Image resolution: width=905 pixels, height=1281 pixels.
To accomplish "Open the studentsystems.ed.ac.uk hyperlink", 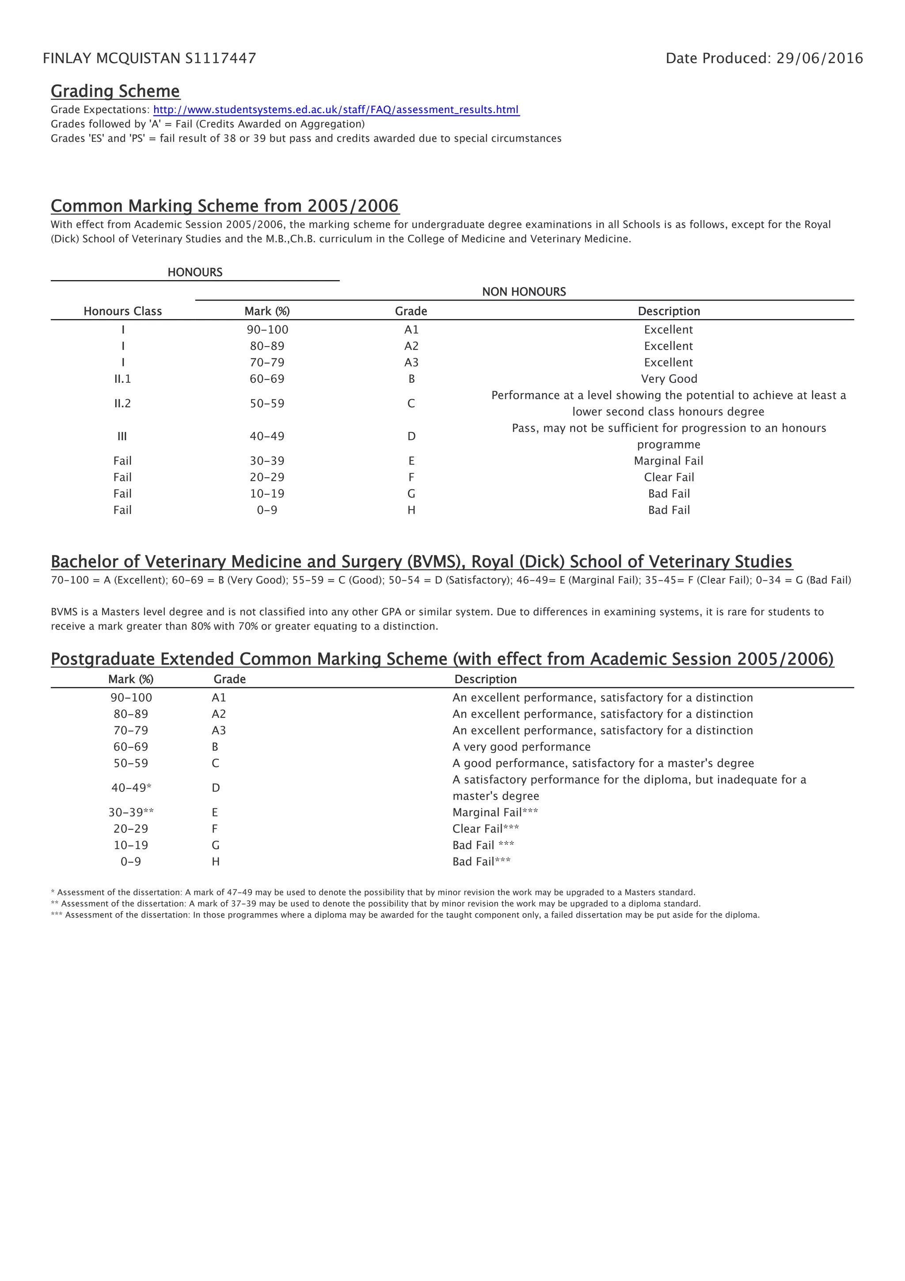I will (x=336, y=110).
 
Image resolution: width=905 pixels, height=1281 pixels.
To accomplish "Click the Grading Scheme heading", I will (x=115, y=91).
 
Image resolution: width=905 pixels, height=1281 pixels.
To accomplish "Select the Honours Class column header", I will (x=123, y=311).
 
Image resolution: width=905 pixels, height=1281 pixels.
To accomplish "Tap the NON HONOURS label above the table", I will (x=524, y=292).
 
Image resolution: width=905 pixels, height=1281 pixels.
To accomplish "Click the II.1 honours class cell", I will (x=123, y=379).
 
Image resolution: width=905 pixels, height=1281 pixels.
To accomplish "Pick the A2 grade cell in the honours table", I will (x=411, y=346).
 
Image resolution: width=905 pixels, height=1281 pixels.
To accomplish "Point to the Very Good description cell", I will (x=669, y=379).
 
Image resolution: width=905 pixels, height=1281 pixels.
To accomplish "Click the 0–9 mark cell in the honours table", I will (x=267, y=510).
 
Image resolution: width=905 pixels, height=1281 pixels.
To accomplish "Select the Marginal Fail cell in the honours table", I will (x=669, y=461).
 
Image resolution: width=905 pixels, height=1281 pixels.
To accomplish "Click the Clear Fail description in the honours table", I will (x=669, y=477).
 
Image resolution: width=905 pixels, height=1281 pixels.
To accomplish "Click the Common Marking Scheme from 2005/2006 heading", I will (x=225, y=206).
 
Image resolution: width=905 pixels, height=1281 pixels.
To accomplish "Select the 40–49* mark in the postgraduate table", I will (x=131, y=788).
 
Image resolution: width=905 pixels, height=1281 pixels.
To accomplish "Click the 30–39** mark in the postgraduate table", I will (x=131, y=812).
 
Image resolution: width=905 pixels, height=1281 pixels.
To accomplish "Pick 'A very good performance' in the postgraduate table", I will (x=521, y=747).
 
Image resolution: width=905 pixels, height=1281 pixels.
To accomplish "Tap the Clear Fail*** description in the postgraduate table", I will (x=485, y=829).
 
